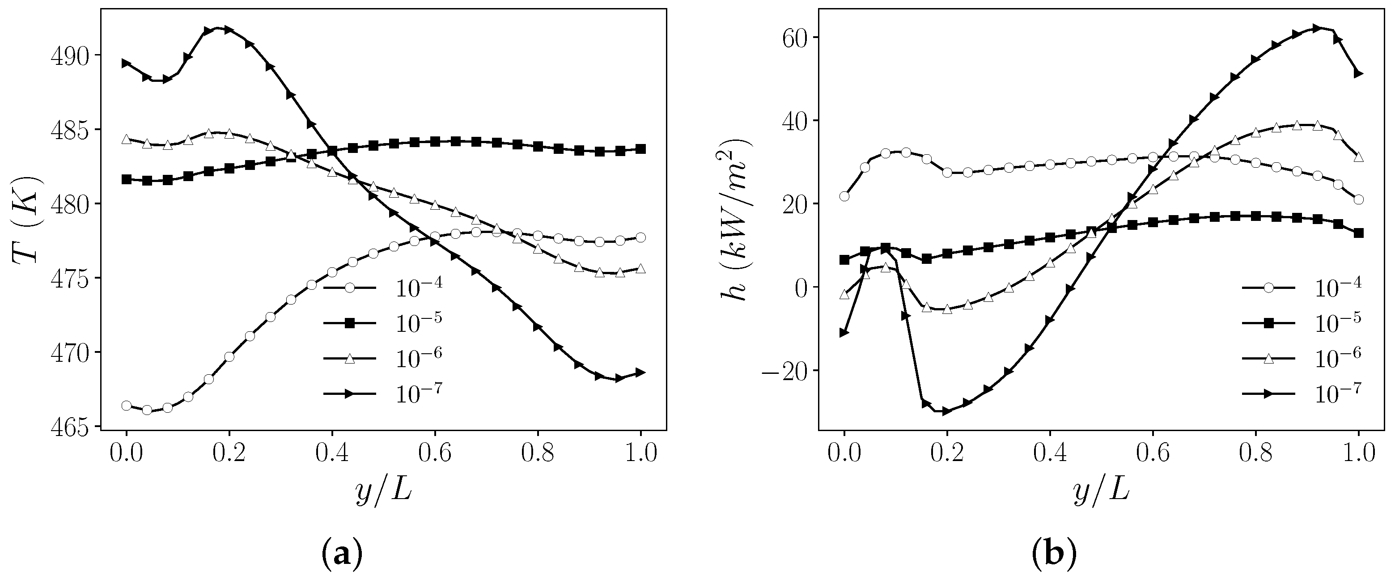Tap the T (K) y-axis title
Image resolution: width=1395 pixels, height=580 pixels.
(26, 220)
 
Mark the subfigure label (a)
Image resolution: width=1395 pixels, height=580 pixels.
(341, 555)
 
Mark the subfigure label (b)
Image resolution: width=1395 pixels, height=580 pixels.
(1054, 555)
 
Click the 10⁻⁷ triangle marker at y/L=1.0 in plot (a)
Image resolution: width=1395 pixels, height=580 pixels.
(640, 373)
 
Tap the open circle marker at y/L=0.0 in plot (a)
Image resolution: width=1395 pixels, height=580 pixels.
(126, 406)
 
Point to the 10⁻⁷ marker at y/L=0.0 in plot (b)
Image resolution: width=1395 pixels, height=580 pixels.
(844, 333)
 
